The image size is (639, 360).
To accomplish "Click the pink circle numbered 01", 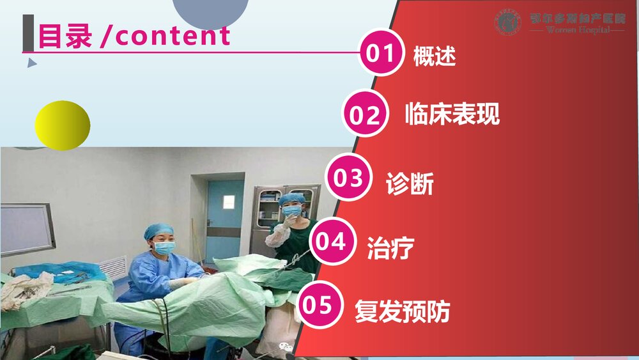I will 381,53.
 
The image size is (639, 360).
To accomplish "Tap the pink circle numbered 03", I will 348,178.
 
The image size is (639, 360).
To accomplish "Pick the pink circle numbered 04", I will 332,242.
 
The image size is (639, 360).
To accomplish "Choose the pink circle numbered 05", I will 317,305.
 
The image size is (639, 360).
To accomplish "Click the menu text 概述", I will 435,56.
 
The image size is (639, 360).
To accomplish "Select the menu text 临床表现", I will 452,114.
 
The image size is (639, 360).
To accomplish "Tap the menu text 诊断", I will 410,184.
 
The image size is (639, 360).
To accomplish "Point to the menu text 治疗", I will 390,247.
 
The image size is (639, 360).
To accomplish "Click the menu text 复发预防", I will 402,312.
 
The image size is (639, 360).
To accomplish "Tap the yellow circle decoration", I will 62,125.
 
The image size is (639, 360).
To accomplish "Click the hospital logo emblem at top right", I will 508,22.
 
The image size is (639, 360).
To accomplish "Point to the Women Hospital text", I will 578,30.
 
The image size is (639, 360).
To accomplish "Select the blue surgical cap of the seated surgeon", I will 158,231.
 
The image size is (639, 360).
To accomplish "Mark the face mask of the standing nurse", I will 293,211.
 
